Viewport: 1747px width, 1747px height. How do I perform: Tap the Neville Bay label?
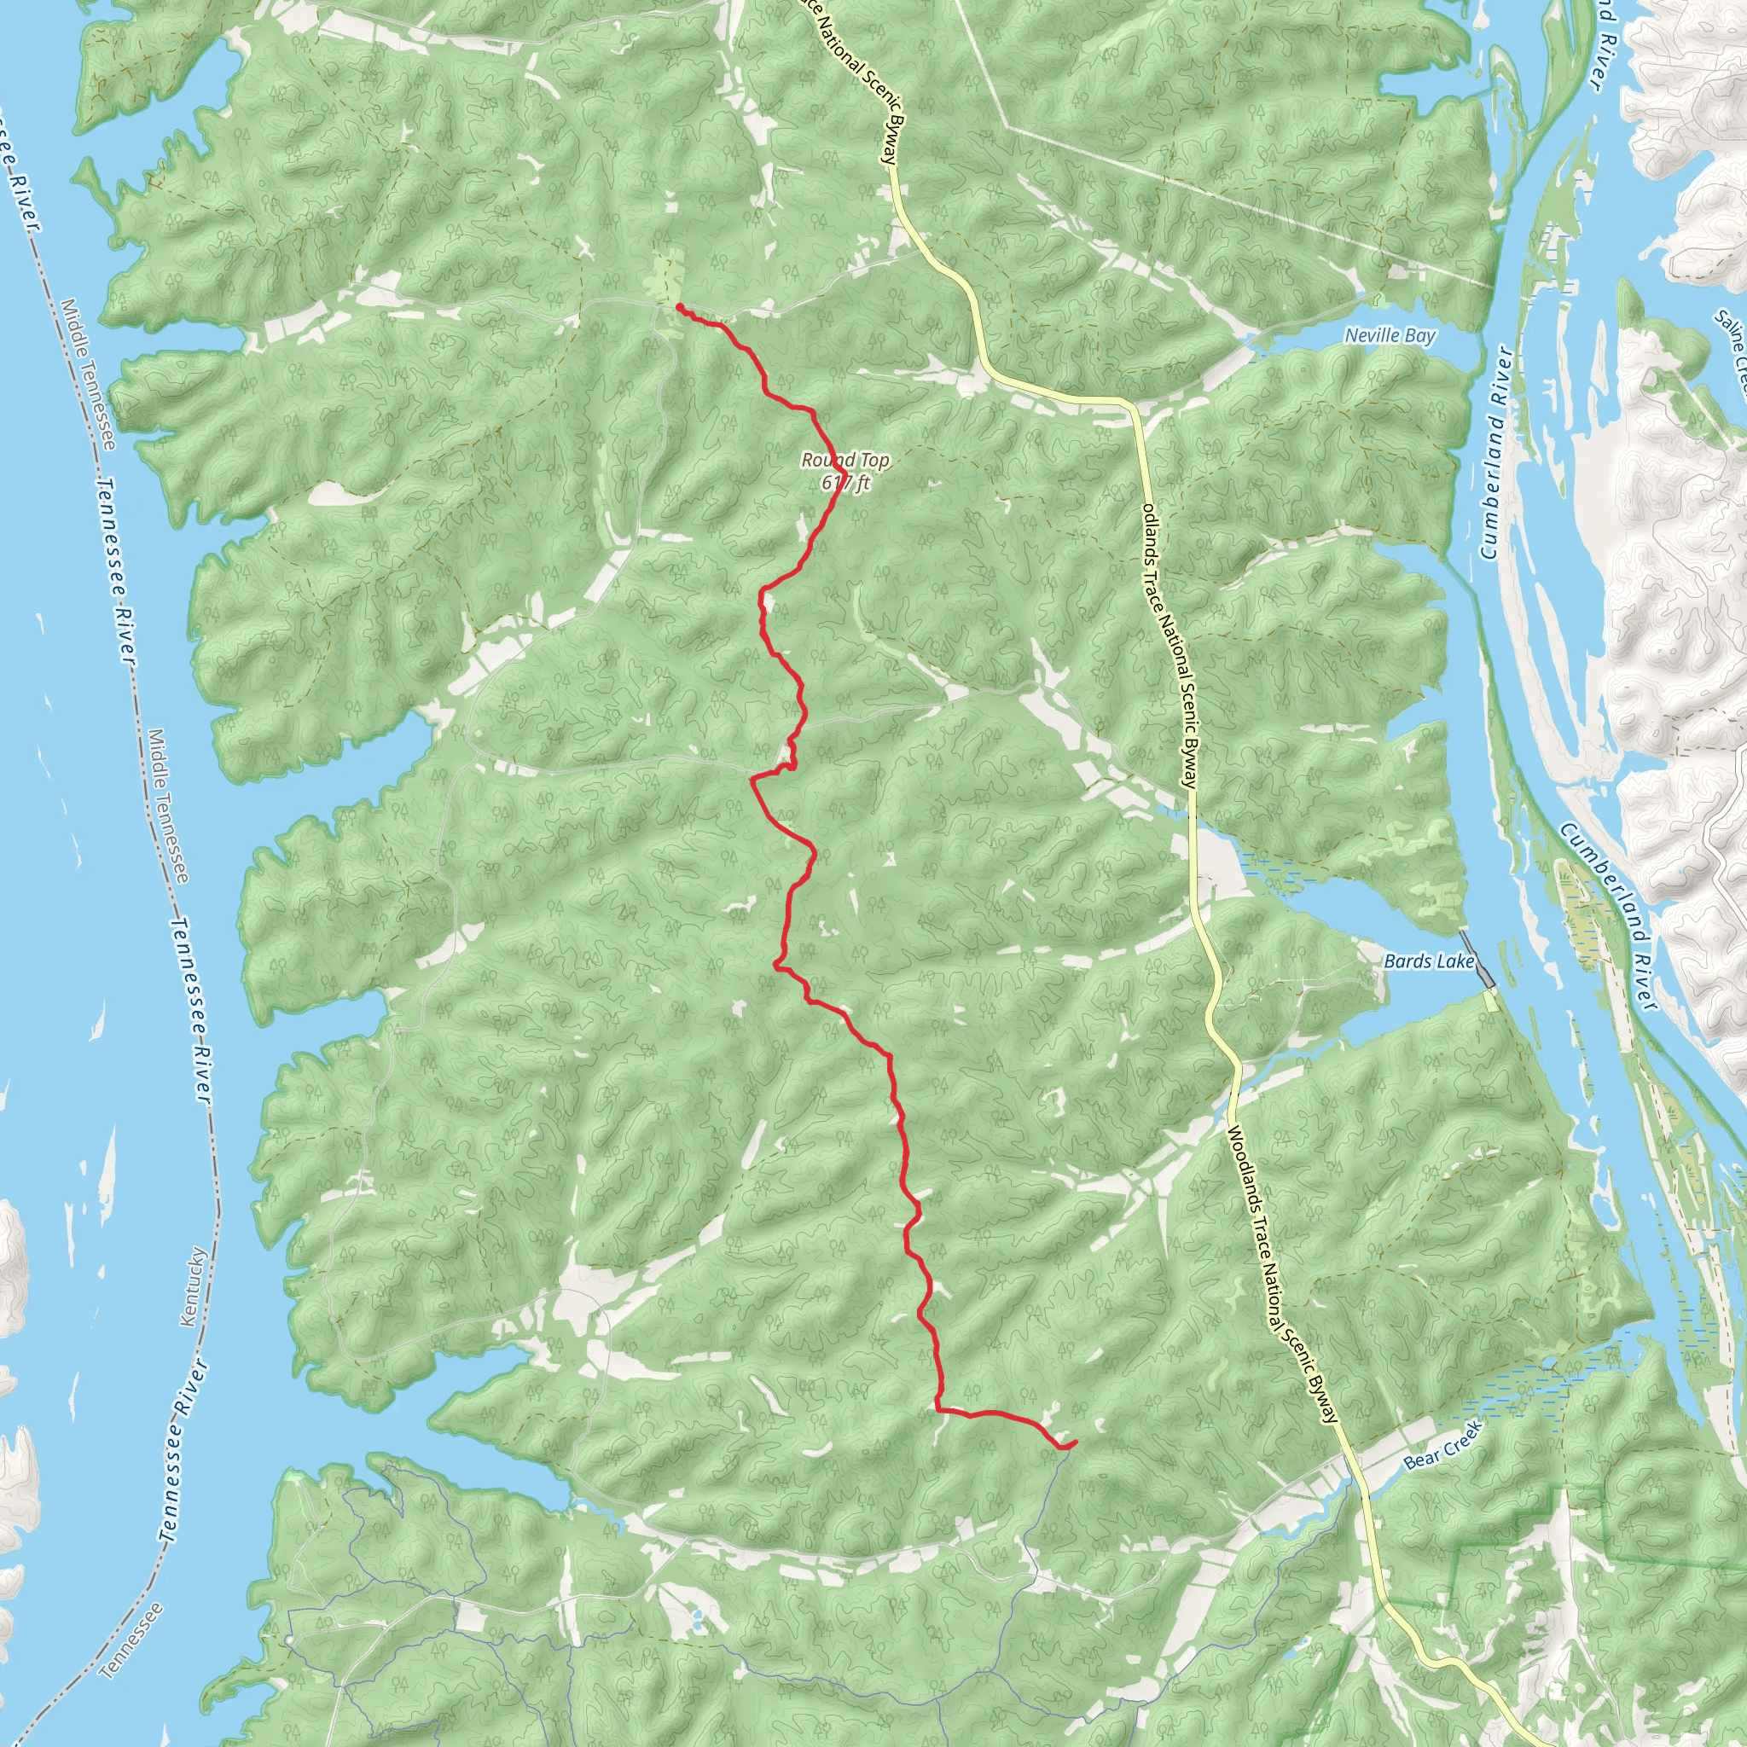[1390, 335]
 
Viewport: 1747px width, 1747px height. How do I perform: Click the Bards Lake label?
[1429, 961]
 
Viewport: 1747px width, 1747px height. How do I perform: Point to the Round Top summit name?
[844, 461]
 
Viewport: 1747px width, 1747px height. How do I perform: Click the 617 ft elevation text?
[844, 483]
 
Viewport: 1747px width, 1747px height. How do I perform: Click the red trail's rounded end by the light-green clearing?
[678, 307]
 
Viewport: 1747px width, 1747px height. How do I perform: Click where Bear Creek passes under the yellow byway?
[1358, 1483]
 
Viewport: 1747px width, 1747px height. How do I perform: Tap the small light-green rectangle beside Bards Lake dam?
[1490, 1001]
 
